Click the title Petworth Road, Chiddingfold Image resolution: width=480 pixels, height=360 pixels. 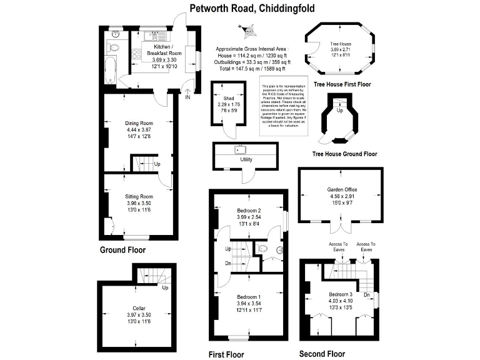click(x=252, y=9)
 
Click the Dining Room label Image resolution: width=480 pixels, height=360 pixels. click(x=139, y=123)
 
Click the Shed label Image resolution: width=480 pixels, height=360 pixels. click(x=228, y=99)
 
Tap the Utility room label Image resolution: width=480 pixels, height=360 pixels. click(x=246, y=159)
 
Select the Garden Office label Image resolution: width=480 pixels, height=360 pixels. click(x=341, y=190)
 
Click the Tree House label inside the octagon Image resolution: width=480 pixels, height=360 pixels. click(x=341, y=44)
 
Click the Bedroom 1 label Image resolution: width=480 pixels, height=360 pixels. click(x=249, y=296)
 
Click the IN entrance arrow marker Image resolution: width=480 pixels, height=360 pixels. click(x=187, y=94)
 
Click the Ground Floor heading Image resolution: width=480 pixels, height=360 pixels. click(x=122, y=250)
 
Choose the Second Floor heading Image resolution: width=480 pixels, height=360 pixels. click(x=322, y=354)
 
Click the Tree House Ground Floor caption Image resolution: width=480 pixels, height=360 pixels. click(x=344, y=153)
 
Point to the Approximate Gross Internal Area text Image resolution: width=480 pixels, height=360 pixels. click(x=251, y=48)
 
